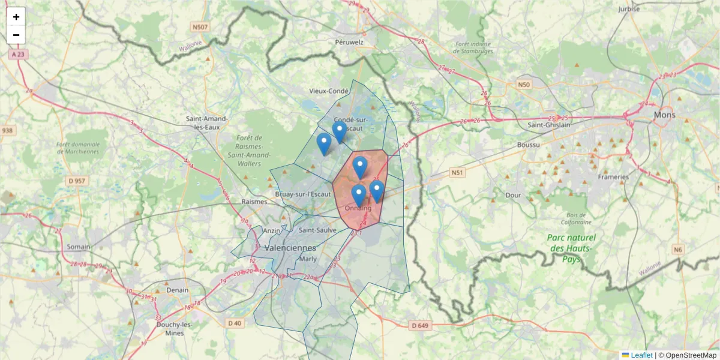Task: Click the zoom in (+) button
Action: (x=16, y=17)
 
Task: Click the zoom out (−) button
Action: (x=16, y=35)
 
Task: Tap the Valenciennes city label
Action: (x=290, y=248)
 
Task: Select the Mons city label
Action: (x=664, y=115)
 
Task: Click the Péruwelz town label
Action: (x=350, y=43)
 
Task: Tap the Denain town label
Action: (x=177, y=290)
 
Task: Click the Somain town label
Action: (x=79, y=247)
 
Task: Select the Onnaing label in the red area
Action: (x=358, y=208)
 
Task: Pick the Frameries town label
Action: (x=613, y=177)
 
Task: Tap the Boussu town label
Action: (x=528, y=145)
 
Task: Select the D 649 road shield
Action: (x=421, y=326)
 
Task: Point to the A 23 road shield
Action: (x=19, y=54)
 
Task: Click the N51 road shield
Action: (x=458, y=173)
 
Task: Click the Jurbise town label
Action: (x=629, y=9)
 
